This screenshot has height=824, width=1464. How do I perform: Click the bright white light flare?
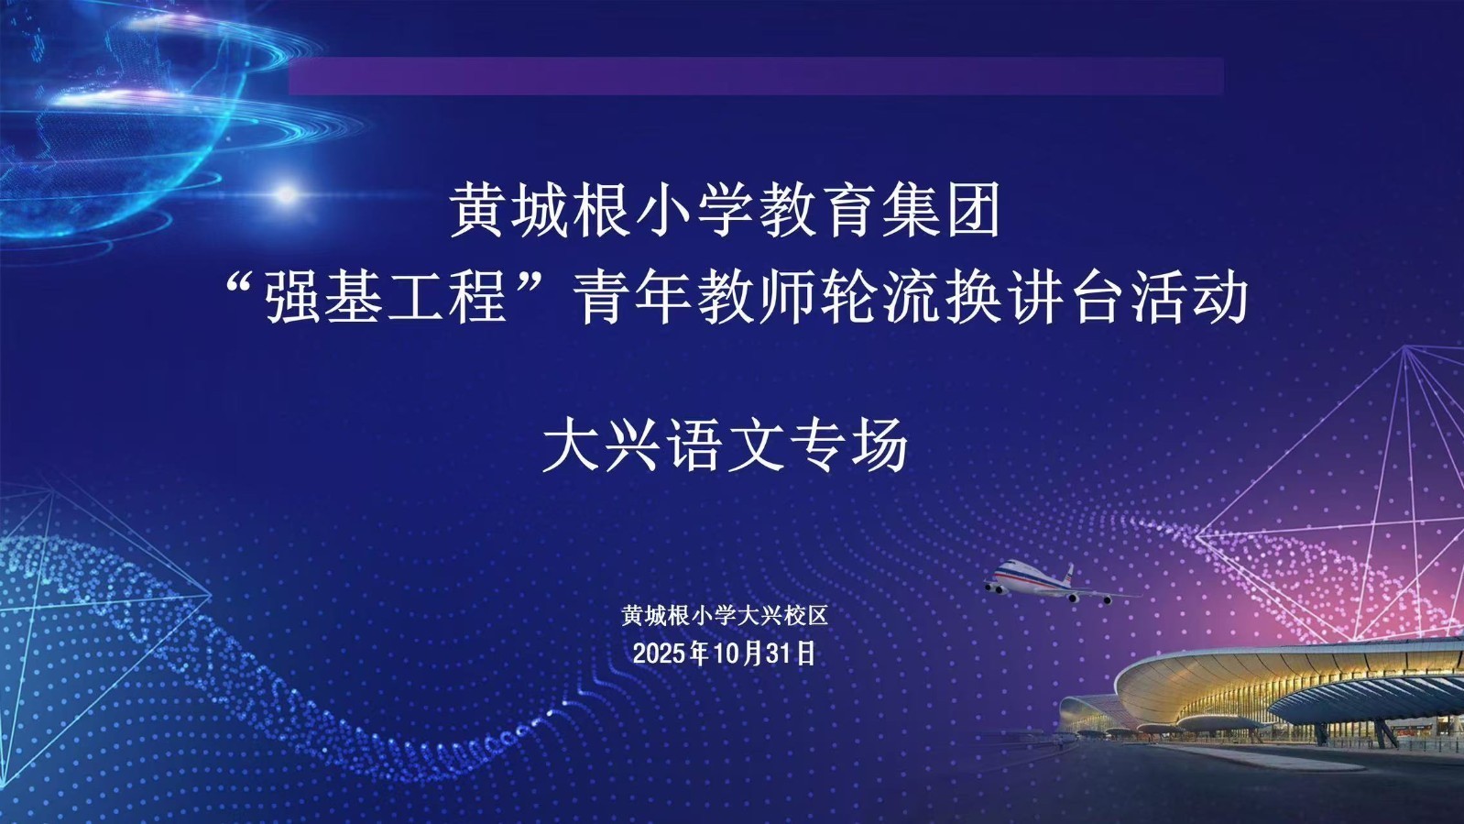(287, 193)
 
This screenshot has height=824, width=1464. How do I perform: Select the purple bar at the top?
(756, 76)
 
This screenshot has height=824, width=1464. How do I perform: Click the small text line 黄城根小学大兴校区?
(725, 616)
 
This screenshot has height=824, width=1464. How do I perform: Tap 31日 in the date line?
(793, 654)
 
